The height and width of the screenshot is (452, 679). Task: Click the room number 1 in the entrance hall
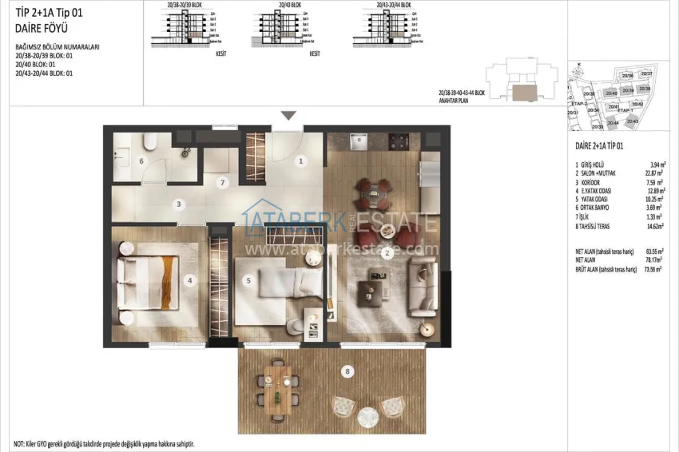[x=301, y=161]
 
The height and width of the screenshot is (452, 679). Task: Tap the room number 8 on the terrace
[x=347, y=371]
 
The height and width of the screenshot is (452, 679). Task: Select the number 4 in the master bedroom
[x=189, y=280]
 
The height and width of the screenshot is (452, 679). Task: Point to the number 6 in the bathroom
[x=141, y=161]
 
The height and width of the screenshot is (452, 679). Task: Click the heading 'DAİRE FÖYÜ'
[x=37, y=29]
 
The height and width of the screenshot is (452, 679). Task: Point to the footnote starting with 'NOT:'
[x=104, y=443]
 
